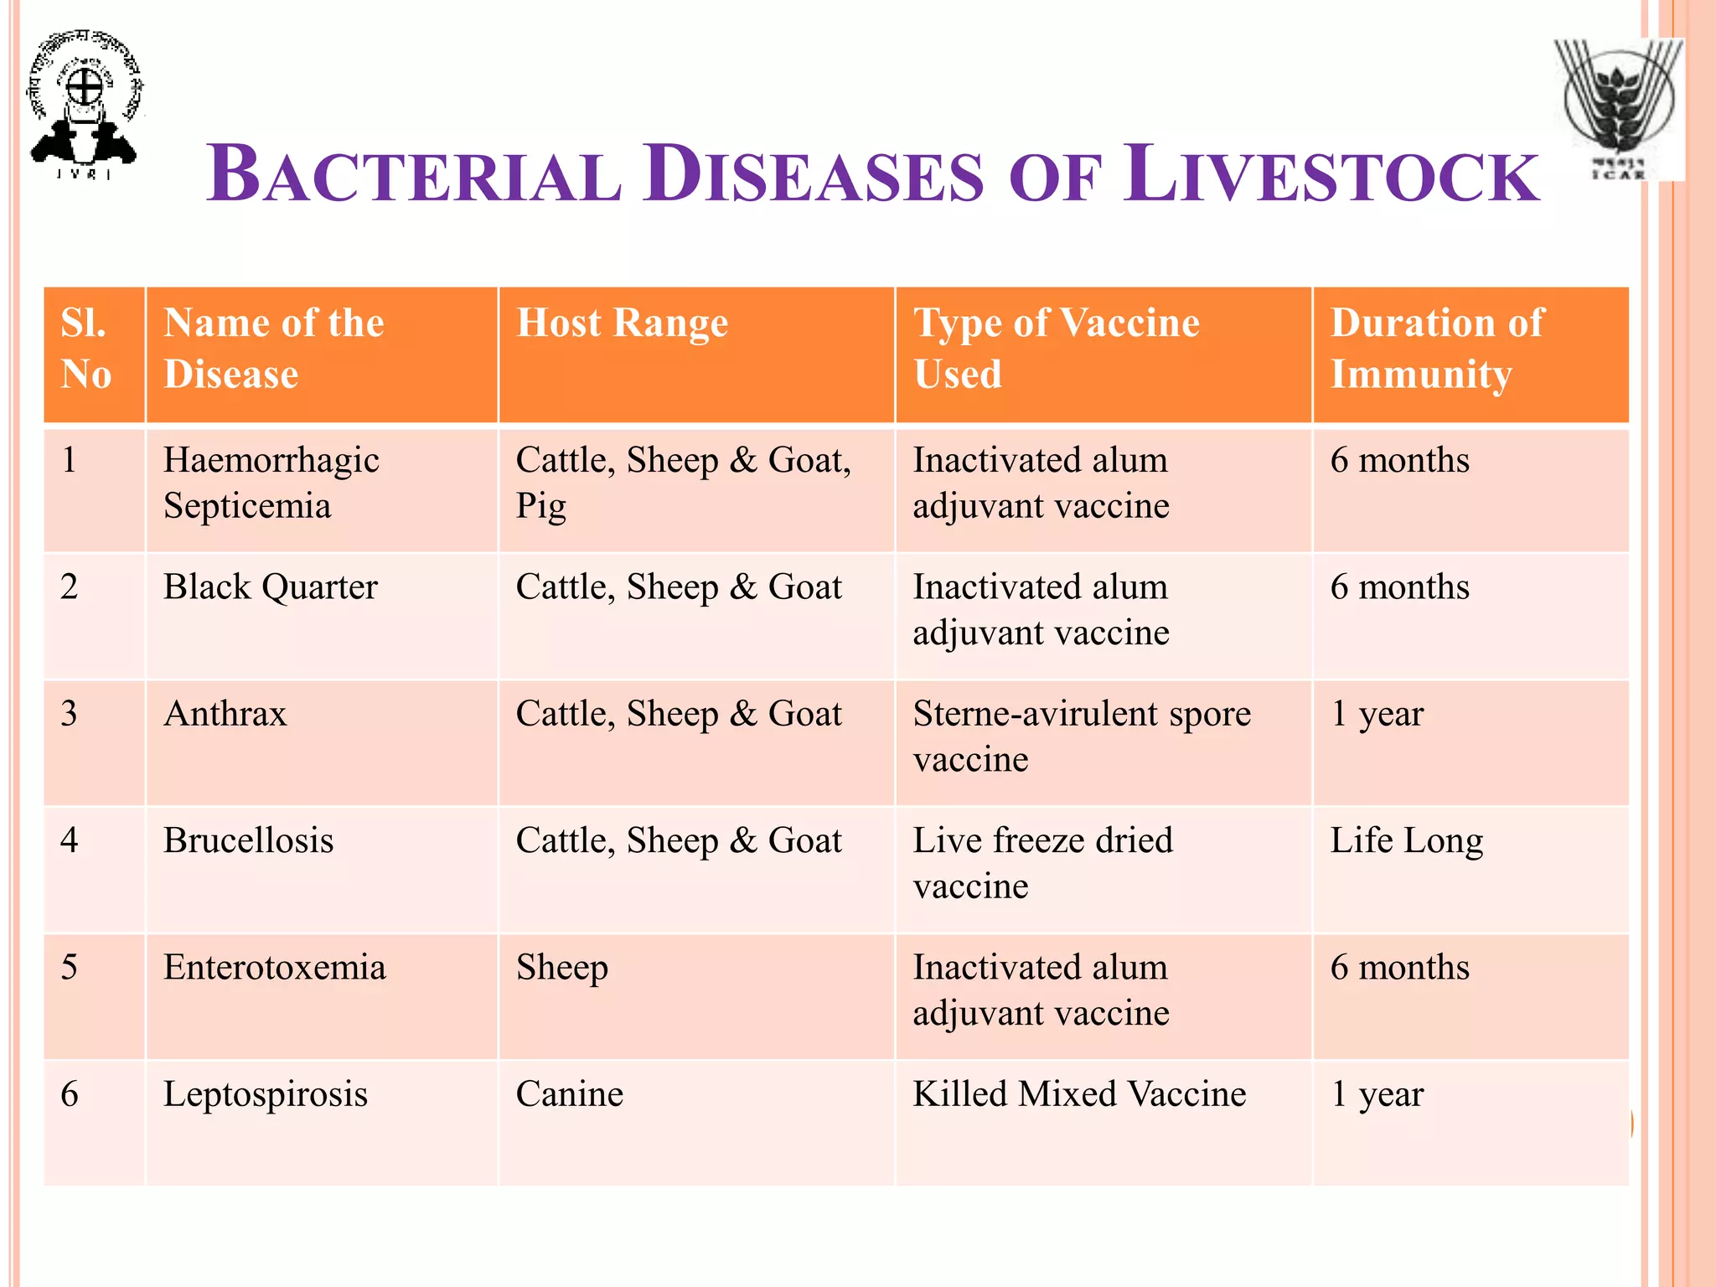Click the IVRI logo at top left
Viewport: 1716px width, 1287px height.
tap(84, 105)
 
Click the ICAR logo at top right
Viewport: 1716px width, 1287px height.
tap(1619, 109)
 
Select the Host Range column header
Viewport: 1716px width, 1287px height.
tap(622, 323)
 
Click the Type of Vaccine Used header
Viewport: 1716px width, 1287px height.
tap(1056, 348)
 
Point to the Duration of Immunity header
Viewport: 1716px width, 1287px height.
tap(1436, 348)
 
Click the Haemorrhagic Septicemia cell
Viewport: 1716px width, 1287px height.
tap(271, 483)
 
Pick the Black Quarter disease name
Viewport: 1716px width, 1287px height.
tap(270, 587)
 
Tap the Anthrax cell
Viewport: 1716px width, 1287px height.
tap(225, 714)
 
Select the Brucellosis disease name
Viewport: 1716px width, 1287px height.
tap(248, 840)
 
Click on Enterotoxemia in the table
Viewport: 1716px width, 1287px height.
tap(274, 968)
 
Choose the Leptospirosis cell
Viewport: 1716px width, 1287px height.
tap(265, 1094)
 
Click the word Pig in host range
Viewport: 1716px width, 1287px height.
tap(540, 507)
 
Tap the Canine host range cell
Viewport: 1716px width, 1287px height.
tap(570, 1094)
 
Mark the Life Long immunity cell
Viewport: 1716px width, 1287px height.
tap(1406, 840)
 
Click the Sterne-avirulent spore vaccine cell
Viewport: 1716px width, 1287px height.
tap(1081, 736)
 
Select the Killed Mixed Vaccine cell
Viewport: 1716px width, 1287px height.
tap(1079, 1094)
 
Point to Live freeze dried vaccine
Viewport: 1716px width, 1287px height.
tap(1042, 863)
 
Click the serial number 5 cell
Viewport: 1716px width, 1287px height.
tap(70, 968)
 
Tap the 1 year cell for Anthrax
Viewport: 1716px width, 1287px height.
tap(1377, 714)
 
